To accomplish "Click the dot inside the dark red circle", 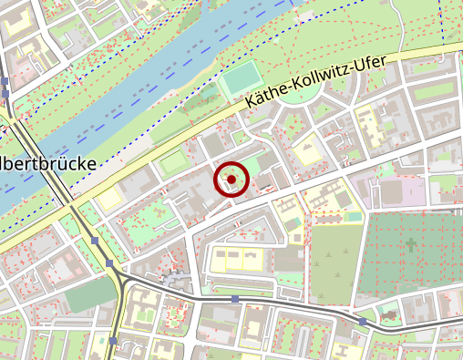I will pyautogui.click(x=231, y=180).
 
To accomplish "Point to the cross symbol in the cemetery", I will pyautogui.click(x=410, y=244).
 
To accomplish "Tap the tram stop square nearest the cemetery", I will pyautogui.click(x=363, y=322).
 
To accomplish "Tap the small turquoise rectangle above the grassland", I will pyautogui.click(x=354, y=217).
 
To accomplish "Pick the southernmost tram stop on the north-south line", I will pyautogui.click(x=112, y=341).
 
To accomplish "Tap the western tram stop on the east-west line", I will pyautogui.click(x=235, y=299).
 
